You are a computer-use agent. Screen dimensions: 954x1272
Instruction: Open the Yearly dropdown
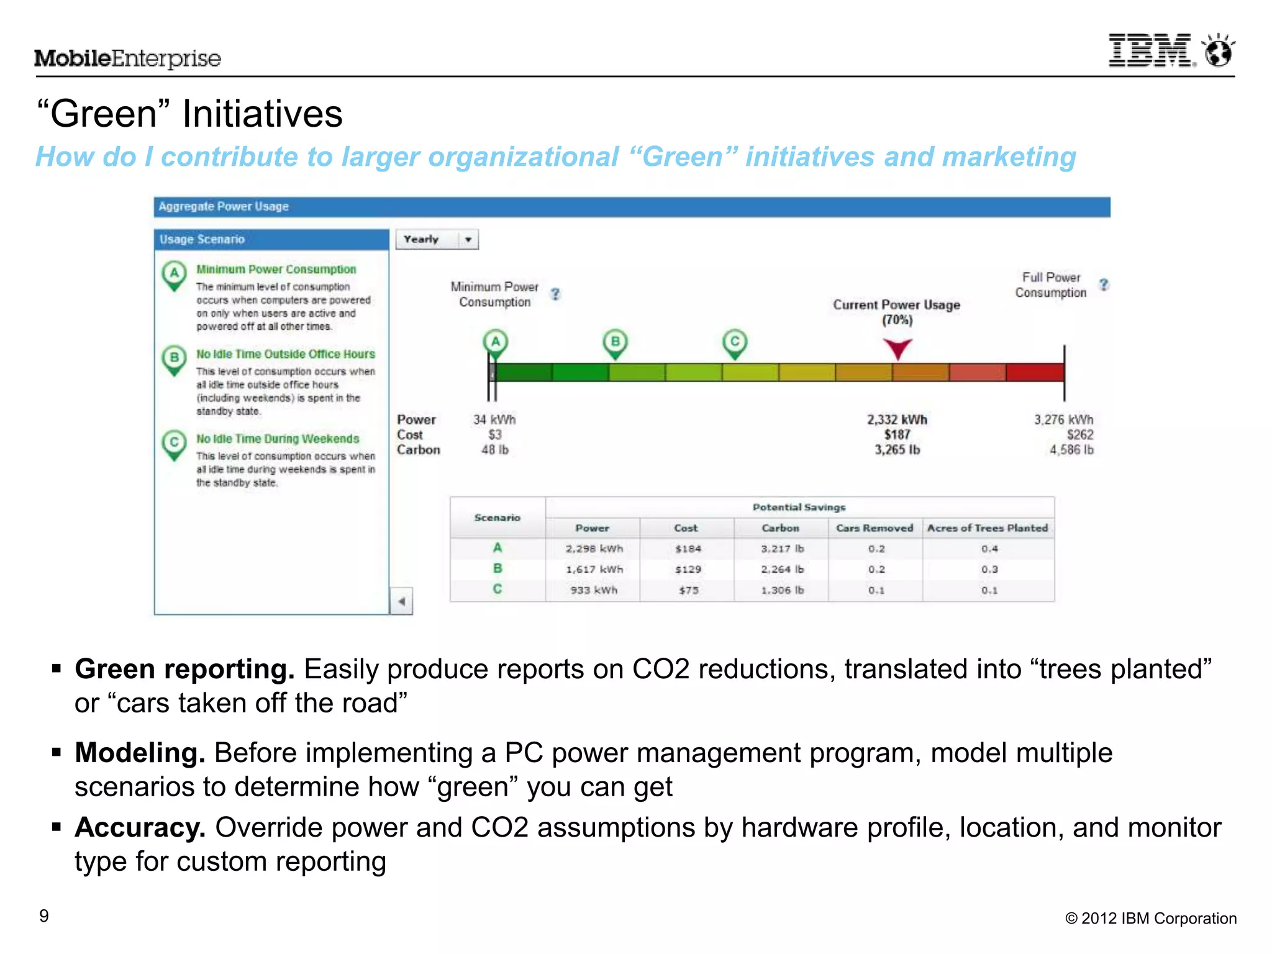pyautogui.click(x=437, y=239)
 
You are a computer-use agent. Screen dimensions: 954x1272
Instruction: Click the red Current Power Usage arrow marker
pyautogui.click(x=897, y=348)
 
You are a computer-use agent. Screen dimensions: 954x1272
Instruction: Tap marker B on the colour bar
pyautogui.click(x=615, y=343)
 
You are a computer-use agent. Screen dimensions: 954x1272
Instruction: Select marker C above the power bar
pyautogui.click(x=735, y=343)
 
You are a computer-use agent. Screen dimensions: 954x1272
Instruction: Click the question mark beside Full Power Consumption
pyautogui.click(x=1103, y=284)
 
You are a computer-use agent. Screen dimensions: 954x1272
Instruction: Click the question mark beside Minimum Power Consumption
pyautogui.click(x=555, y=294)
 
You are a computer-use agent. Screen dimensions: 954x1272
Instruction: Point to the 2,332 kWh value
pyautogui.click(x=897, y=420)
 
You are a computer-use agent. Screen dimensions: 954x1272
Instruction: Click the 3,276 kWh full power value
pyautogui.click(x=1063, y=420)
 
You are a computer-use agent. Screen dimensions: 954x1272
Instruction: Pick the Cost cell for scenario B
pyautogui.click(x=688, y=570)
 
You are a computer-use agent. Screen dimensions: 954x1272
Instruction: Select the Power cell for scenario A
pyautogui.click(x=594, y=548)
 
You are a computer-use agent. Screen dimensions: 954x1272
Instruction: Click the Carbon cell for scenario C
pyautogui.click(x=782, y=590)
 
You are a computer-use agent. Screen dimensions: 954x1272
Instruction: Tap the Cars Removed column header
pyautogui.click(x=874, y=528)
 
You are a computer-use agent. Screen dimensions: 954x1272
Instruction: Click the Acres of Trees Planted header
pyautogui.click(x=987, y=528)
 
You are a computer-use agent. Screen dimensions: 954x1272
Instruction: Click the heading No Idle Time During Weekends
pyautogui.click(x=278, y=439)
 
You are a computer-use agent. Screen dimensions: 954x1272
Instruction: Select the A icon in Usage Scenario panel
pyautogui.click(x=175, y=274)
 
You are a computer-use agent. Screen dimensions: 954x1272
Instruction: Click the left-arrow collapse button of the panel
pyautogui.click(x=402, y=601)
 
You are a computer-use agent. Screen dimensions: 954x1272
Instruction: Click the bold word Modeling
pyautogui.click(x=140, y=753)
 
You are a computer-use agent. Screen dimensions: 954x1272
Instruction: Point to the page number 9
pyautogui.click(x=44, y=916)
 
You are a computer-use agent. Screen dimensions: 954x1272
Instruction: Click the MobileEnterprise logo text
pyautogui.click(x=127, y=58)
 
